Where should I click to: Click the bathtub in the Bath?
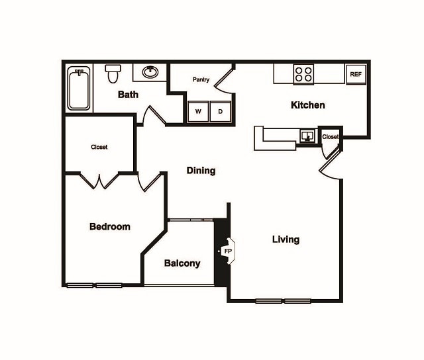[79, 89]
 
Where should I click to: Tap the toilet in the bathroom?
[113, 72]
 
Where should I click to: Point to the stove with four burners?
[303, 73]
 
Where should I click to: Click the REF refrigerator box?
[356, 74]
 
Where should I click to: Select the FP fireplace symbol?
[227, 251]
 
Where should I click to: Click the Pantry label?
[201, 80]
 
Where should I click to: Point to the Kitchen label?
[308, 105]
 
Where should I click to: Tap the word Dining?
[201, 171]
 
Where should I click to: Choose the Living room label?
[286, 240]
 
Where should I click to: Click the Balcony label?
[182, 263]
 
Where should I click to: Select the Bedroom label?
[110, 226]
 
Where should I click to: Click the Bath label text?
[128, 95]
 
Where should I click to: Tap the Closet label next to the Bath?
[99, 147]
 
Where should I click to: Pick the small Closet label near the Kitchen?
[331, 137]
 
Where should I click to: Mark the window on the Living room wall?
[283, 301]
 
